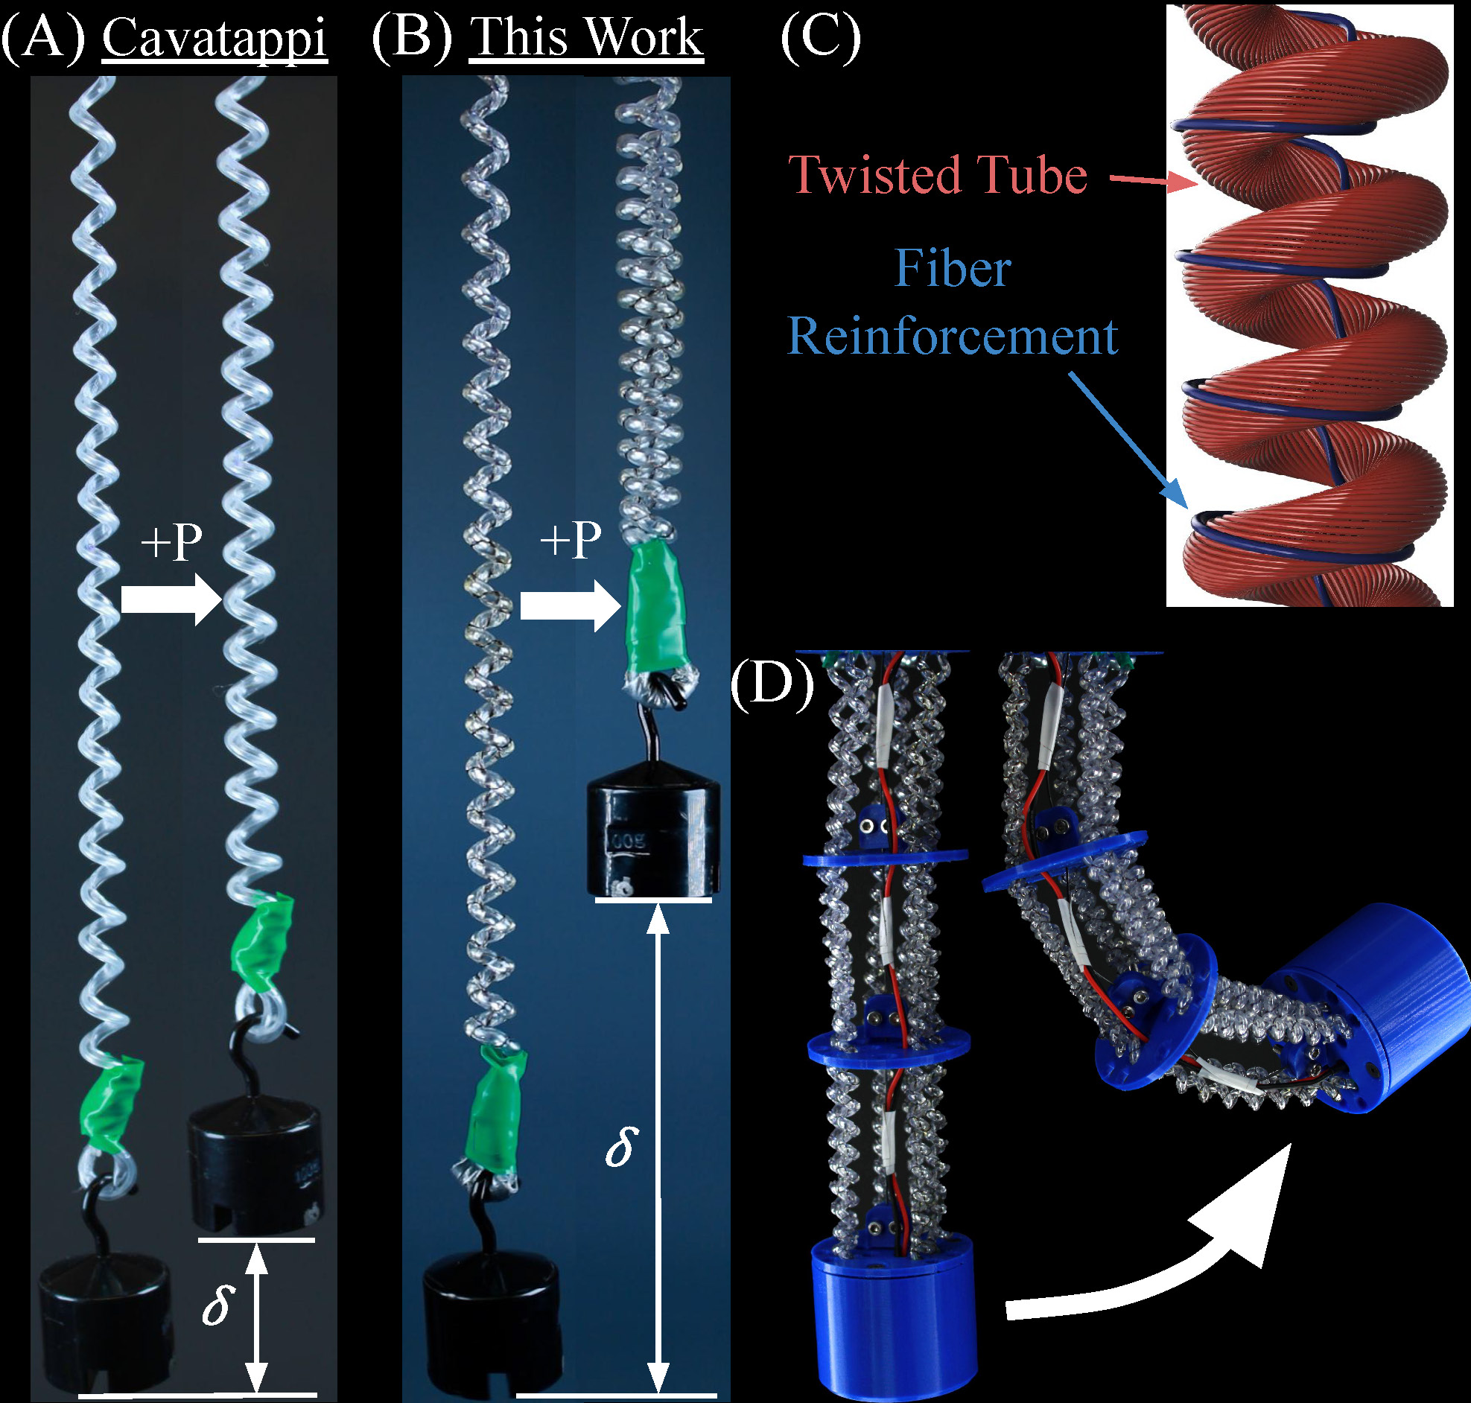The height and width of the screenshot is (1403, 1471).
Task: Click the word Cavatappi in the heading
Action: coord(215,39)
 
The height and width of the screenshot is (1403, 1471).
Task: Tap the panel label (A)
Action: coord(42,37)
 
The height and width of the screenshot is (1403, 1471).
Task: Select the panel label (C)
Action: coord(820,37)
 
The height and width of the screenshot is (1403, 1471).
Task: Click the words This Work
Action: coord(586,37)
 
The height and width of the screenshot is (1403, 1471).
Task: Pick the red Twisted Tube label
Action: coord(938,174)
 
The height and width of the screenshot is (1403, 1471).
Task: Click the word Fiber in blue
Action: coord(953,268)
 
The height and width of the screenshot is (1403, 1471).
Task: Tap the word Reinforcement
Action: coord(953,336)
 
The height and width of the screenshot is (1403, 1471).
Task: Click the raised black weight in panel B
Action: coord(654,836)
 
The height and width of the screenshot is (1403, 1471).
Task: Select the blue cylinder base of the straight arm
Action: coord(894,1316)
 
